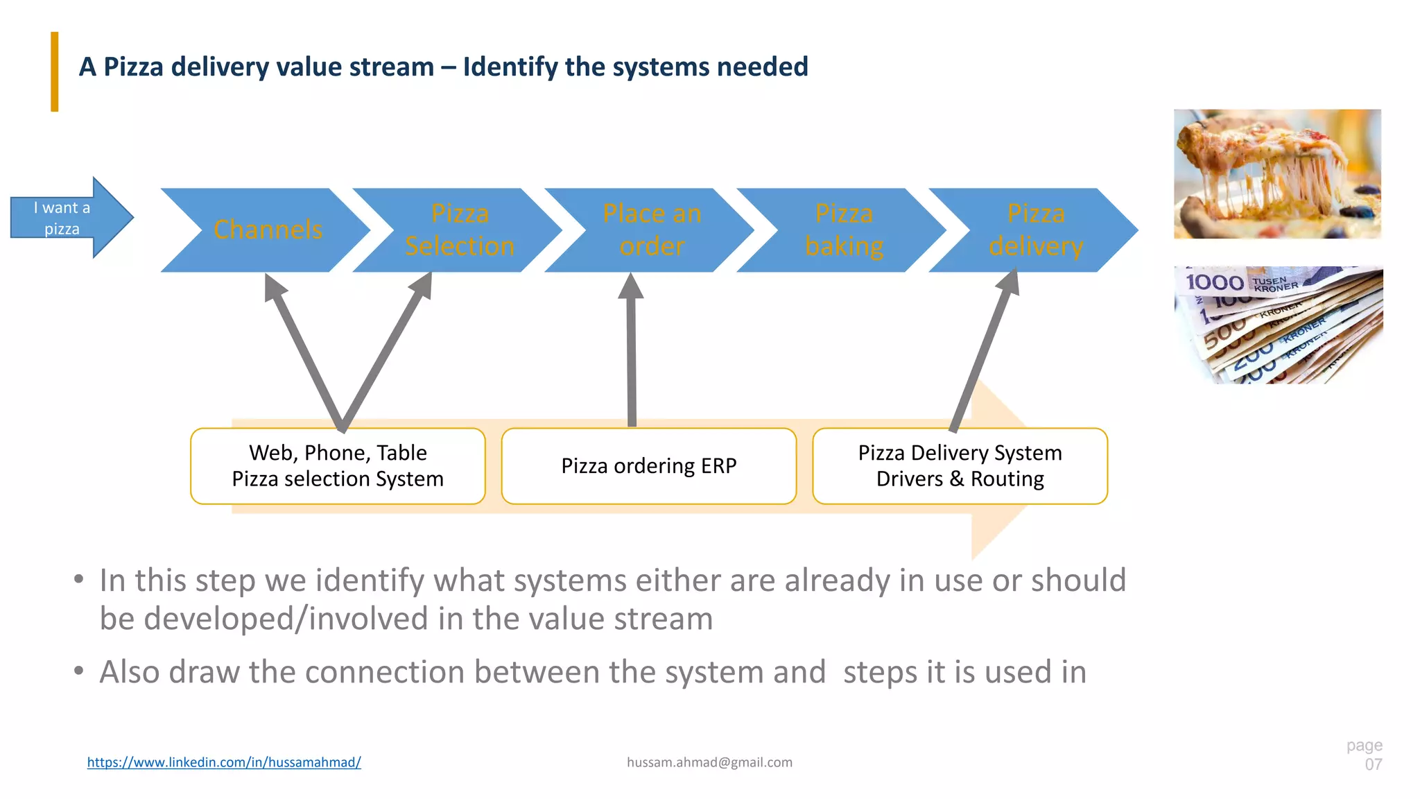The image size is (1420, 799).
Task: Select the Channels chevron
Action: pos(267,230)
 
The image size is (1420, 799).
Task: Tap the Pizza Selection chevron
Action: pos(459,230)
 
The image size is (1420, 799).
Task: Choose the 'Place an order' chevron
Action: pos(651,230)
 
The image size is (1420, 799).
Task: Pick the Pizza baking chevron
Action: pos(843,230)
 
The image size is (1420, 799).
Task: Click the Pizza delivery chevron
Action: pos(1035,230)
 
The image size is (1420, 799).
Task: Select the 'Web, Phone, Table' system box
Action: pos(338,466)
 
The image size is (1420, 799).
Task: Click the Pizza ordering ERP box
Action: pos(648,466)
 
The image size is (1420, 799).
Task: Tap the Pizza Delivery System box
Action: pos(960,466)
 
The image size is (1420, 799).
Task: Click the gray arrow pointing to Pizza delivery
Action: pos(985,350)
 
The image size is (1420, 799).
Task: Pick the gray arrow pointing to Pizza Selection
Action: pos(385,354)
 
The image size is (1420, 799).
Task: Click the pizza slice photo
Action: pos(1276,174)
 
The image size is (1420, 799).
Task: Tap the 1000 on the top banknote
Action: pos(1215,282)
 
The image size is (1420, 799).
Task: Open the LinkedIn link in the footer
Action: pos(224,762)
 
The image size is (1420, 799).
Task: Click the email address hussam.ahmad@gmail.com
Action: pos(709,762)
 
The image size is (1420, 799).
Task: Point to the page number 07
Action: pos(1373,764)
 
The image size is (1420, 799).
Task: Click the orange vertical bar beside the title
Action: pos(55,71)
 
